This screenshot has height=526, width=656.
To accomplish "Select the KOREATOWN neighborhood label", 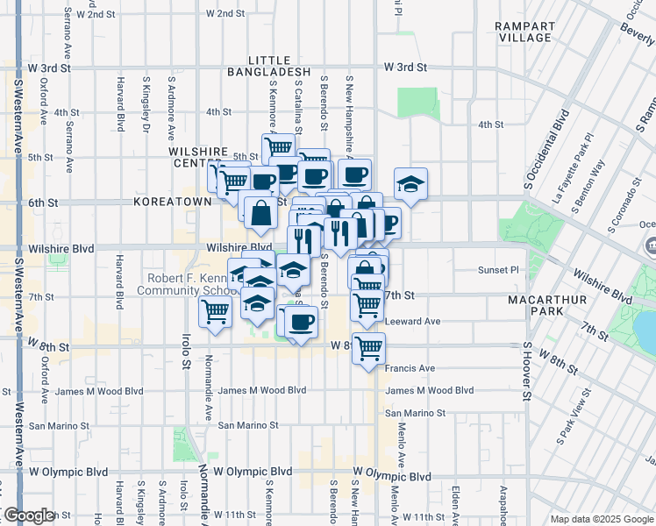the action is click(173, 202).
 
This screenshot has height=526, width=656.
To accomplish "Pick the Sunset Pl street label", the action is click(498, 270).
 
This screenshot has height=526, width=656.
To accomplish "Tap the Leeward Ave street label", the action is click(412, 322).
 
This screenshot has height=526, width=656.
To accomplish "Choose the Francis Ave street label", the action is click(410, 368).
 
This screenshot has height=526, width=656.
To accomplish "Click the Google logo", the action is click(28, 516).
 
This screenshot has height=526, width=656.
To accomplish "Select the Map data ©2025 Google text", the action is click(601, 519).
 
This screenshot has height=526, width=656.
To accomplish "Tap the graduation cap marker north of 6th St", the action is click(410, 185).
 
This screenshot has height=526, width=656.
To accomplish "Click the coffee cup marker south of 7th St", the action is click(301, 322).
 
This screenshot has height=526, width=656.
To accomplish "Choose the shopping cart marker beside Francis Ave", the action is click(368, 349).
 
